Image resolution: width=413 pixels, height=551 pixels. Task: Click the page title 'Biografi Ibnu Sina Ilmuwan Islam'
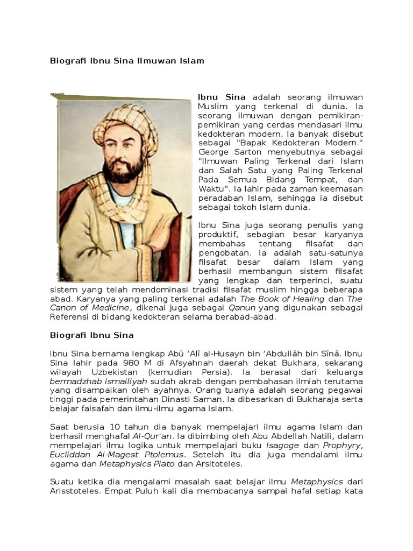(127, 61)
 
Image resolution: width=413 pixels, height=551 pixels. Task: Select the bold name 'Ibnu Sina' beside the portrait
(222, 97)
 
